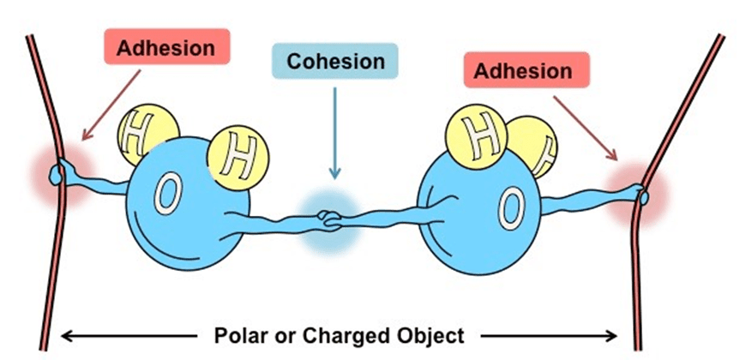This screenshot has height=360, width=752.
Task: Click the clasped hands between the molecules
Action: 328,219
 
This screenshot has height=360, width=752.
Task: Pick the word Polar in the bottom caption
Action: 238,333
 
